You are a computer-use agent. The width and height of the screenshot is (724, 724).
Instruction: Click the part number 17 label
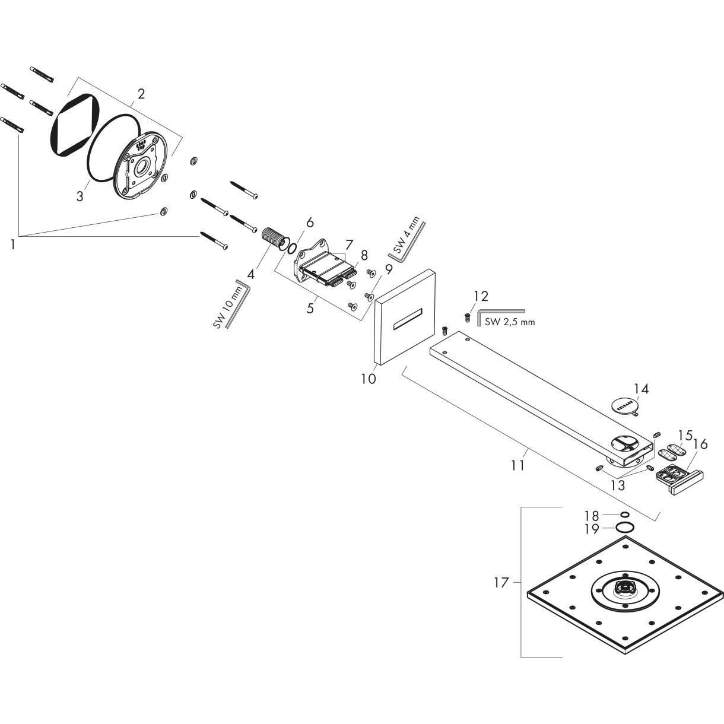point(501,583)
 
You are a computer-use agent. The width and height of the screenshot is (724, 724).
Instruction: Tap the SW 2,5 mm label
point(509,322)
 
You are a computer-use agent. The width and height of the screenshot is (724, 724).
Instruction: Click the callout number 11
point(518,465)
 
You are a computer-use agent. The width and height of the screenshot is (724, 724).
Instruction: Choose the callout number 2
point(141,94)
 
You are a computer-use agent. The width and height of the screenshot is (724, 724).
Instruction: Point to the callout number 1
point(12,244)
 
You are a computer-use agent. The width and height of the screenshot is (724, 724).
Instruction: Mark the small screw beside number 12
point(467,318)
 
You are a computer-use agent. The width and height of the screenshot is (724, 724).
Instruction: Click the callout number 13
point(617,485)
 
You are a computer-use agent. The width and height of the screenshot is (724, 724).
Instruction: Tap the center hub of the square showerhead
point(624,589)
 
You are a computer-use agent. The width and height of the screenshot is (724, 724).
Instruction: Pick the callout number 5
point(310,309)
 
